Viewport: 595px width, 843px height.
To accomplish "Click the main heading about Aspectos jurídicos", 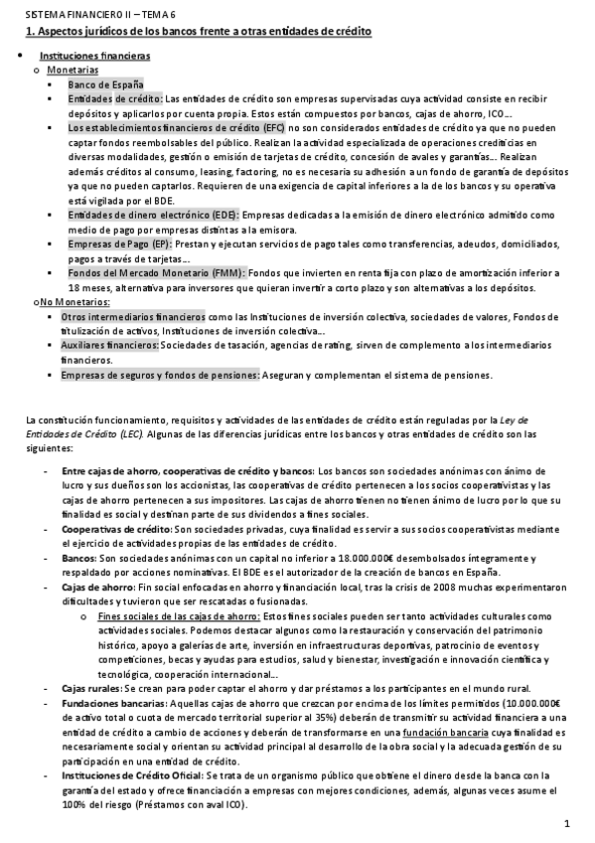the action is point(199,32).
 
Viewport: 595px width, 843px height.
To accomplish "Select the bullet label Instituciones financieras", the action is point(94,57).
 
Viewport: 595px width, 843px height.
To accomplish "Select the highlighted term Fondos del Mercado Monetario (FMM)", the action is point(155,272).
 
